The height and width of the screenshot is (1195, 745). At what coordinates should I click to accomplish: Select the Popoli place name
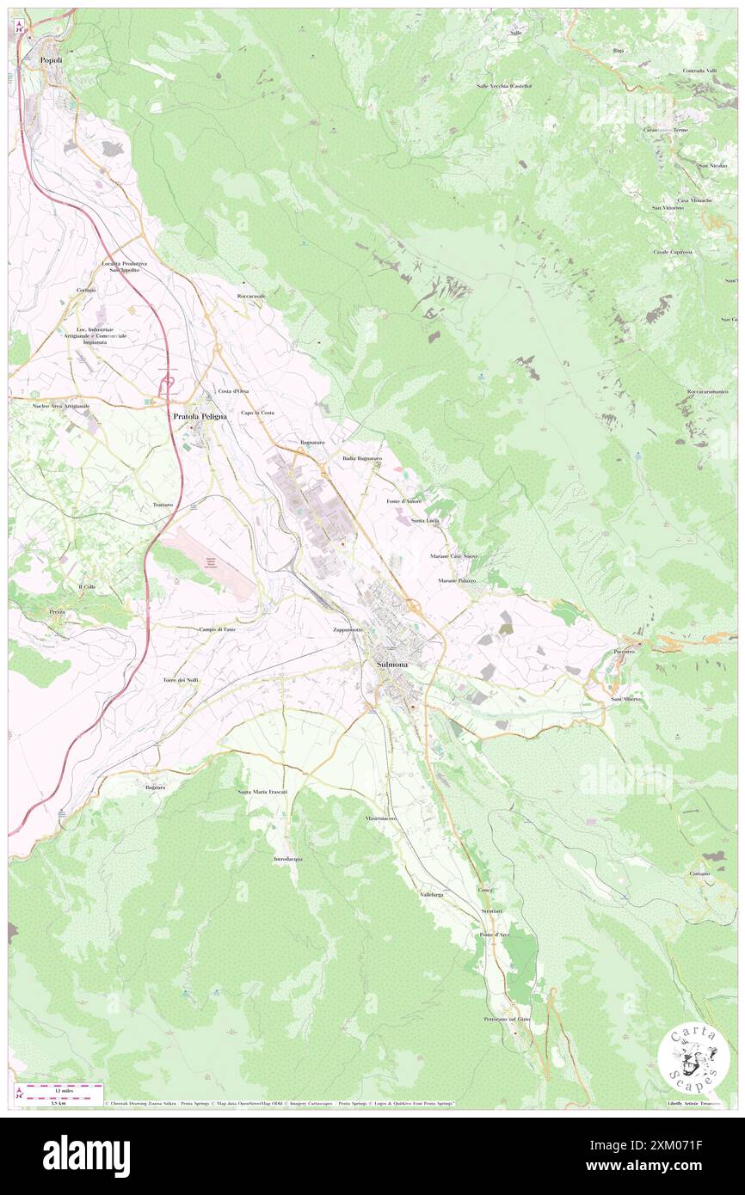[51, 60]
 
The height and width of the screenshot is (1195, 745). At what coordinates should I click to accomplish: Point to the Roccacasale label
[252, 296]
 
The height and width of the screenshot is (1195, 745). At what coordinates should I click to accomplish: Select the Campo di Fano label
[218, 629]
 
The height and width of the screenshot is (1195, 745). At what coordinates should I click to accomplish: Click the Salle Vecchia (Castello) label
[504, 86]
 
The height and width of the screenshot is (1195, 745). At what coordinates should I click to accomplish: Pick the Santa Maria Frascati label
[262, 791]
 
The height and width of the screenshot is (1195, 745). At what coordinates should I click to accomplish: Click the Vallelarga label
[432, 895]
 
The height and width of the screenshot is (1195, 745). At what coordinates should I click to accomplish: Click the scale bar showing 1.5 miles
[60, 1088]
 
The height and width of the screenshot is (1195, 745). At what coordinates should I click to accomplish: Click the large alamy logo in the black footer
[86, 1155]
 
